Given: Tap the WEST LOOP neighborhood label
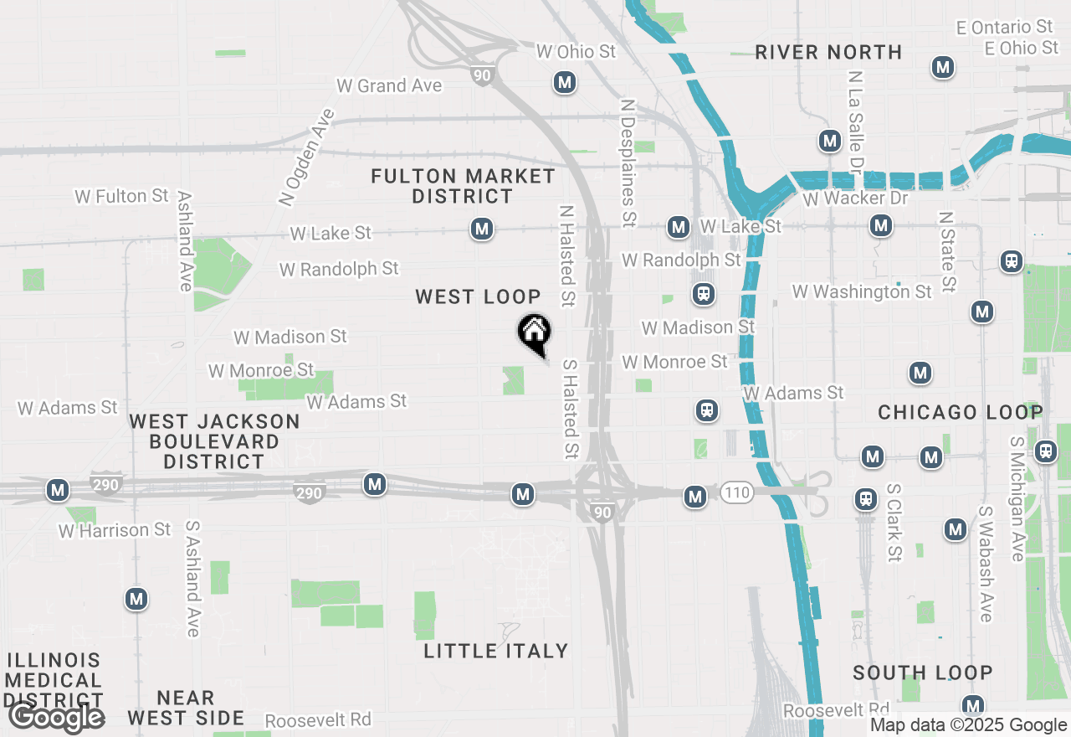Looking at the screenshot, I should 478,296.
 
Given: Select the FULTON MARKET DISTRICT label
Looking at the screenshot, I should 463,186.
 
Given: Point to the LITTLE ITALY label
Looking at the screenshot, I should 496,651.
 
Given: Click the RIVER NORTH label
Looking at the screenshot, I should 828,52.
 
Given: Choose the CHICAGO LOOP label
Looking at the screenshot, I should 961,412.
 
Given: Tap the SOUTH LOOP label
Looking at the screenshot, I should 923,673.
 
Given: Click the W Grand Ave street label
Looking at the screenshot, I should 389,85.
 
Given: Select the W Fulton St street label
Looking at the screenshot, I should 122,196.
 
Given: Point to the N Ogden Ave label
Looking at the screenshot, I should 306,157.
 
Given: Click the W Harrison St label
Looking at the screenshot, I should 115,530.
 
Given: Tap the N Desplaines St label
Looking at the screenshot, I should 628,162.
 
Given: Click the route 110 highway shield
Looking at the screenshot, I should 736,493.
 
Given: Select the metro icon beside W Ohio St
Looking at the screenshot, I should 565,82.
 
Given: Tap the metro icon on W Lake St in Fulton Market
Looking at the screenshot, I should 481,229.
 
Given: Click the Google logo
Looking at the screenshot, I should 56,717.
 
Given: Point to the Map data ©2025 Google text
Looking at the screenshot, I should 968,725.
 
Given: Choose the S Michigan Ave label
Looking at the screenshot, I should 1017,499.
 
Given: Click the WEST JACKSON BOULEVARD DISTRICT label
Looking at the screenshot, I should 214,441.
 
